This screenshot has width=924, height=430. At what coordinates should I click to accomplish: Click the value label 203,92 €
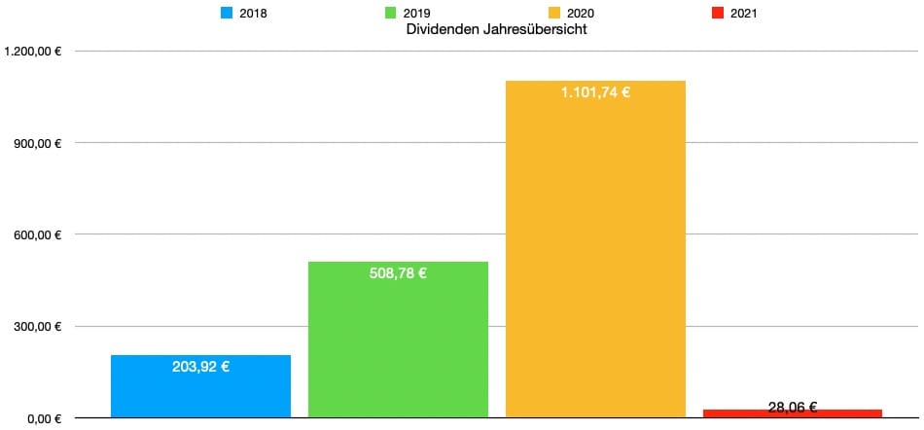(200, 368)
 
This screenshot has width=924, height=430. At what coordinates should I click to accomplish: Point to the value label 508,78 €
(398, 273)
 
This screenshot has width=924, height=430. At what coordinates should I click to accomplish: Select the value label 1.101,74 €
(595, 93)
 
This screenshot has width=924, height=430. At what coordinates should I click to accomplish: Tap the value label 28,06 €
(792, 408)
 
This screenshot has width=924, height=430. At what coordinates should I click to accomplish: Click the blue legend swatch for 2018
(228, 14)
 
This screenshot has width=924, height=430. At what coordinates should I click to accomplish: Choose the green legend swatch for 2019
(391, 14)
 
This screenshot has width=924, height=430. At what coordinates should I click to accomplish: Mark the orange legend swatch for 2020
(555, 14)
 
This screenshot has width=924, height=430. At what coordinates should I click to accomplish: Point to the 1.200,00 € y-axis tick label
(34, 52)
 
